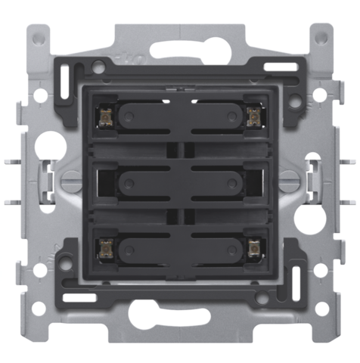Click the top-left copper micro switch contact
click(x=105, y=114)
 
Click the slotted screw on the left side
click(x=72, y=180)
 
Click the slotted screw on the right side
click(x=288, y=180)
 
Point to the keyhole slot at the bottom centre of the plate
click(x=180, y=312)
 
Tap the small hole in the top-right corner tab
click(x=321, y=36)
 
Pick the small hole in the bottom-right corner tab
click(x=321, y=327)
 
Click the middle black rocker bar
click(x=179, y=181)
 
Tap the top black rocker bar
click(x=179, y=115)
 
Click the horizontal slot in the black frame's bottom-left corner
click(x=79, y=297)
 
